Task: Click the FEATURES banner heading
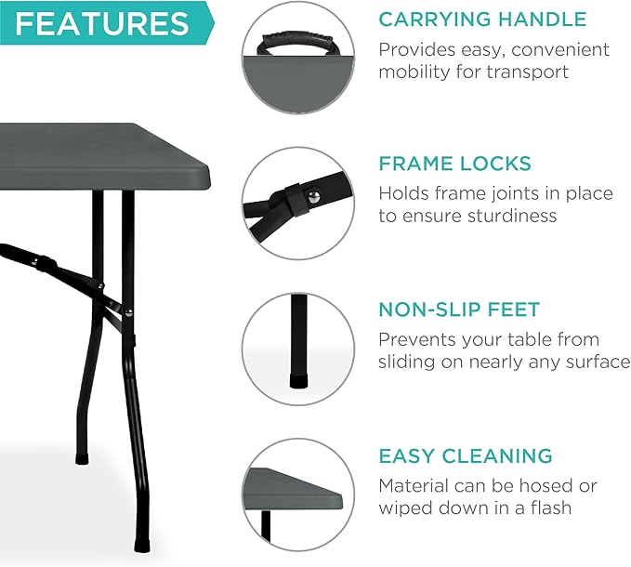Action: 102,23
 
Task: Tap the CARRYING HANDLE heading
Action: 482,20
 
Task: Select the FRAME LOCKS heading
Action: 454,165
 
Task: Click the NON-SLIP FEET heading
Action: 459,310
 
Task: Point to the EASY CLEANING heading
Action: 465,456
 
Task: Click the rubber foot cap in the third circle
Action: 299,382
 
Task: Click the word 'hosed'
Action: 547,485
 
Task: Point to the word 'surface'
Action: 598,362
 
